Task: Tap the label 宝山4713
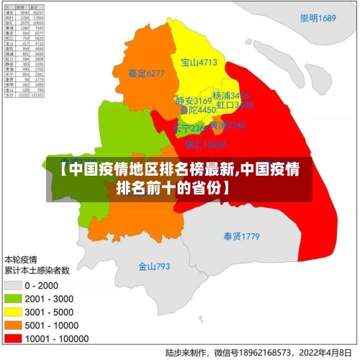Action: (x=199, y=63)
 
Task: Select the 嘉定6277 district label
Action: (x=147, y=73)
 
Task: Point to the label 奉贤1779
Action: (x=240, y=236)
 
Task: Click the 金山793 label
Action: (x=154, y=266)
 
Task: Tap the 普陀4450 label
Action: (x=197, y=110)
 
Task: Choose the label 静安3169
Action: (x=194, y=101)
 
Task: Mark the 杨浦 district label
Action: (x=231, y=96)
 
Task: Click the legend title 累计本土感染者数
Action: (x=37, y=271)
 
